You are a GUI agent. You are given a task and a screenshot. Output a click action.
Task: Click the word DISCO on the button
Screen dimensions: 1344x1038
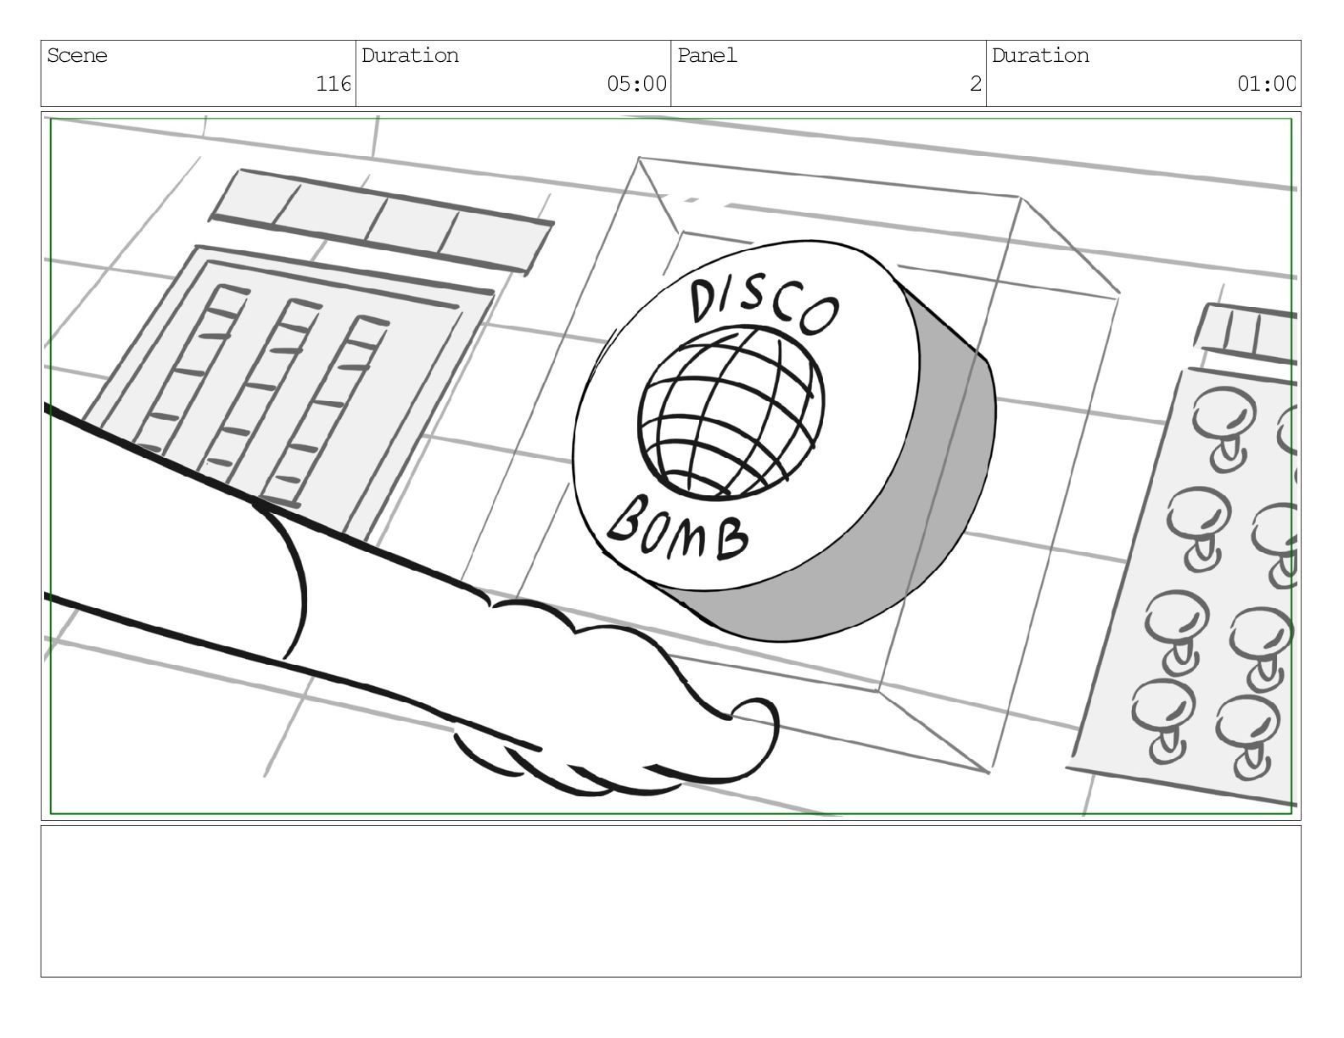(x=764, y=307)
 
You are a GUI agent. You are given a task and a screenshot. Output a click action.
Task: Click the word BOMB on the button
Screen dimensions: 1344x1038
(x=678, y=529)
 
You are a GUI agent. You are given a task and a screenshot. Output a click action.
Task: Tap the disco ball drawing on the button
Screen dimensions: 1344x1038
(x=731, y=412)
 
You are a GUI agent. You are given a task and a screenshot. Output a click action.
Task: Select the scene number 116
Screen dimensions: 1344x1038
(x=333, y=83)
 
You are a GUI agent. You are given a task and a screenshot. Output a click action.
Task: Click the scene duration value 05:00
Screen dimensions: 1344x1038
(x=636, y=83)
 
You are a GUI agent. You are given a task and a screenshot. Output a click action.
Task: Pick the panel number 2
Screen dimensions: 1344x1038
(x=976, y=83)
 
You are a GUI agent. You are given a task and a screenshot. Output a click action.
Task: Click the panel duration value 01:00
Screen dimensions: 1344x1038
(x=1266, y=83)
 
